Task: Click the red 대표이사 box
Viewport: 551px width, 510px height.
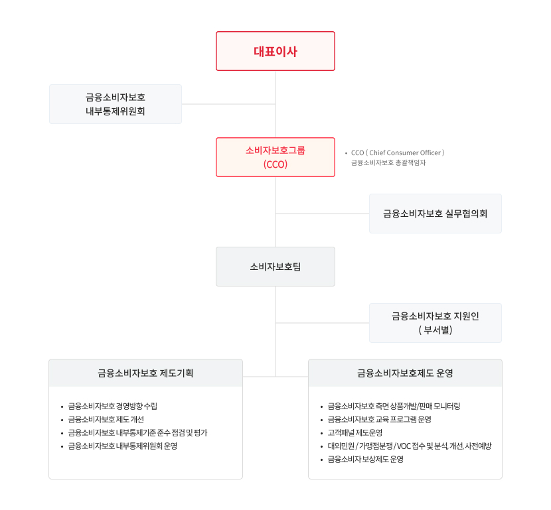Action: coord(275,51)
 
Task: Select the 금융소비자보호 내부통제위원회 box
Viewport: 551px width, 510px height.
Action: coord(116,104)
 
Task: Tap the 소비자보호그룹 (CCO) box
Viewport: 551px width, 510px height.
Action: coord(275,157)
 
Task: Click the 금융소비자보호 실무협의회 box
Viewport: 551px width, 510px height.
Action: coord(435,214)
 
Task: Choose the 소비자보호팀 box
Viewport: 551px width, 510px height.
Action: coord(275,267)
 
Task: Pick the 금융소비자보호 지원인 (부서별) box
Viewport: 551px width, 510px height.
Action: coord(435,323)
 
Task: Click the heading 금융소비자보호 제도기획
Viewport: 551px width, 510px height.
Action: coord(145,373)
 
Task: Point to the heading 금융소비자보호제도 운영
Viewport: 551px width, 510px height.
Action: coord(405,373)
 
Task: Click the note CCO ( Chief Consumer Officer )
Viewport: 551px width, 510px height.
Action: coord(398,153)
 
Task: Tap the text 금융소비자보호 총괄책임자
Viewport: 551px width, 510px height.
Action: coord(388,162)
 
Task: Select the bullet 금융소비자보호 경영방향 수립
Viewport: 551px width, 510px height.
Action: coord(112,406)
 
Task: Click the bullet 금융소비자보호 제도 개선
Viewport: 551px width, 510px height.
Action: coord(106,419)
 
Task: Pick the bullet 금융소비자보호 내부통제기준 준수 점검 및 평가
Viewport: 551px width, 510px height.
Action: coord(137,433)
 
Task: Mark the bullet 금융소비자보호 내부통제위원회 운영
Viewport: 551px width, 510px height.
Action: coord(122,446)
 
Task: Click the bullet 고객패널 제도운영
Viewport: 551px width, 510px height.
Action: coord(354,433)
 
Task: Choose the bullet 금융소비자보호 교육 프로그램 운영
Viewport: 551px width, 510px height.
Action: coord(379,419)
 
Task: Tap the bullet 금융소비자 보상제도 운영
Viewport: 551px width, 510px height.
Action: coord(366,460)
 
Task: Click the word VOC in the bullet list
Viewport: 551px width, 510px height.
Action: coord(404,446)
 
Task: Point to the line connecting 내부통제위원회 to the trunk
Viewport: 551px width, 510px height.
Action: coord(228,104)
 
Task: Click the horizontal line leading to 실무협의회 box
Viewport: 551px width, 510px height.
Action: coord(322,214)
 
